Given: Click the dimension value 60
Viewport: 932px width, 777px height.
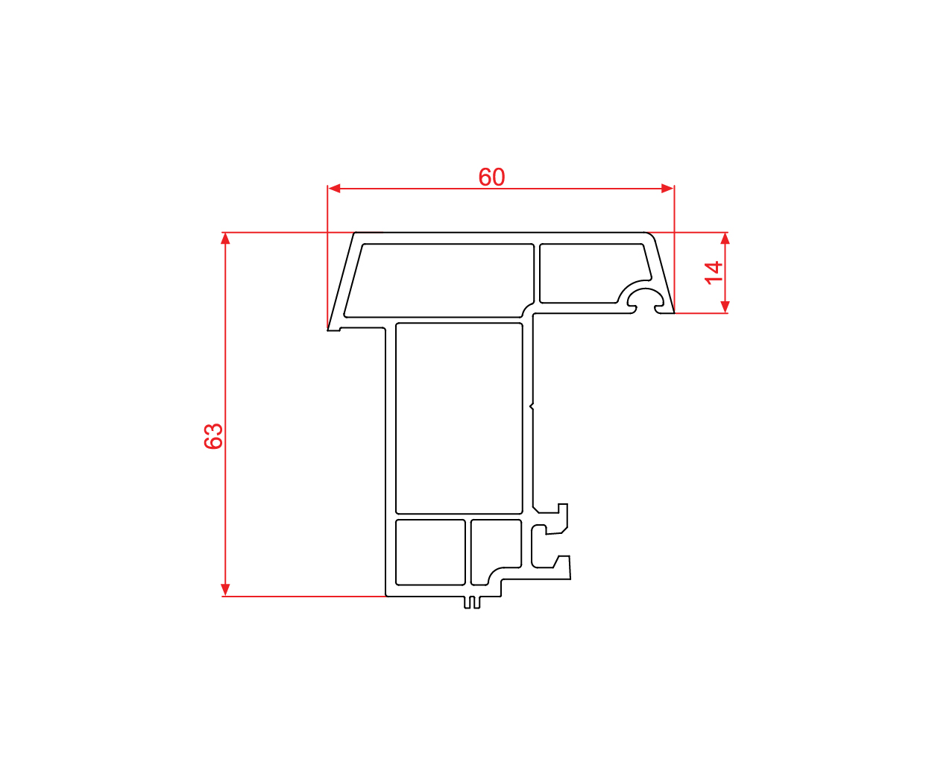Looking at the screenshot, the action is coord(491,177).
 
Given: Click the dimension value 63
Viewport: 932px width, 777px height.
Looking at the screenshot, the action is coord(213,435).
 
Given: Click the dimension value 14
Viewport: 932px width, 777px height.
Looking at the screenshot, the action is coord(714,273).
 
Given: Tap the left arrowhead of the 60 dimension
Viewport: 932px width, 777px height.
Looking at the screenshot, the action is coord(334,189).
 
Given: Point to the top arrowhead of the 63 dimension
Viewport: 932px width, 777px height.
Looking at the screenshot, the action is coord(225,239).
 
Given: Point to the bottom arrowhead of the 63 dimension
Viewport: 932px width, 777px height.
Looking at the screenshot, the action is coord(225,589).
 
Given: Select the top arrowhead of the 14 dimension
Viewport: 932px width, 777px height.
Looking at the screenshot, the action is coord(725,239).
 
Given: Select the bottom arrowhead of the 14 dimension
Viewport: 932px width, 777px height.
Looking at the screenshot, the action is coord(725,306).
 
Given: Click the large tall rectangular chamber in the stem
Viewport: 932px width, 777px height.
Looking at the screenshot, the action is coord(459,418).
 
